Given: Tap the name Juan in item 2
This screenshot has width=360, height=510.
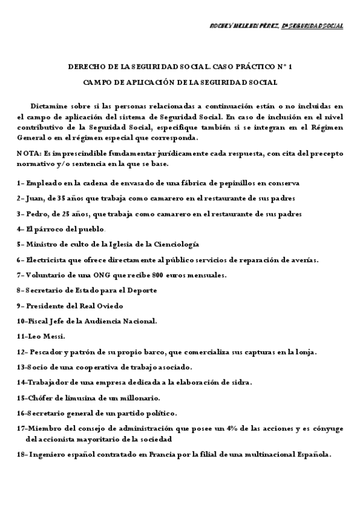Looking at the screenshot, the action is click(x=34, y=198).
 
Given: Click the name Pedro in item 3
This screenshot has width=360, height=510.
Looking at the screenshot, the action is click(x=35, y=214).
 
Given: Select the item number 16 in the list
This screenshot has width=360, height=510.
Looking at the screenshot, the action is click(x=22, y=413).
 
